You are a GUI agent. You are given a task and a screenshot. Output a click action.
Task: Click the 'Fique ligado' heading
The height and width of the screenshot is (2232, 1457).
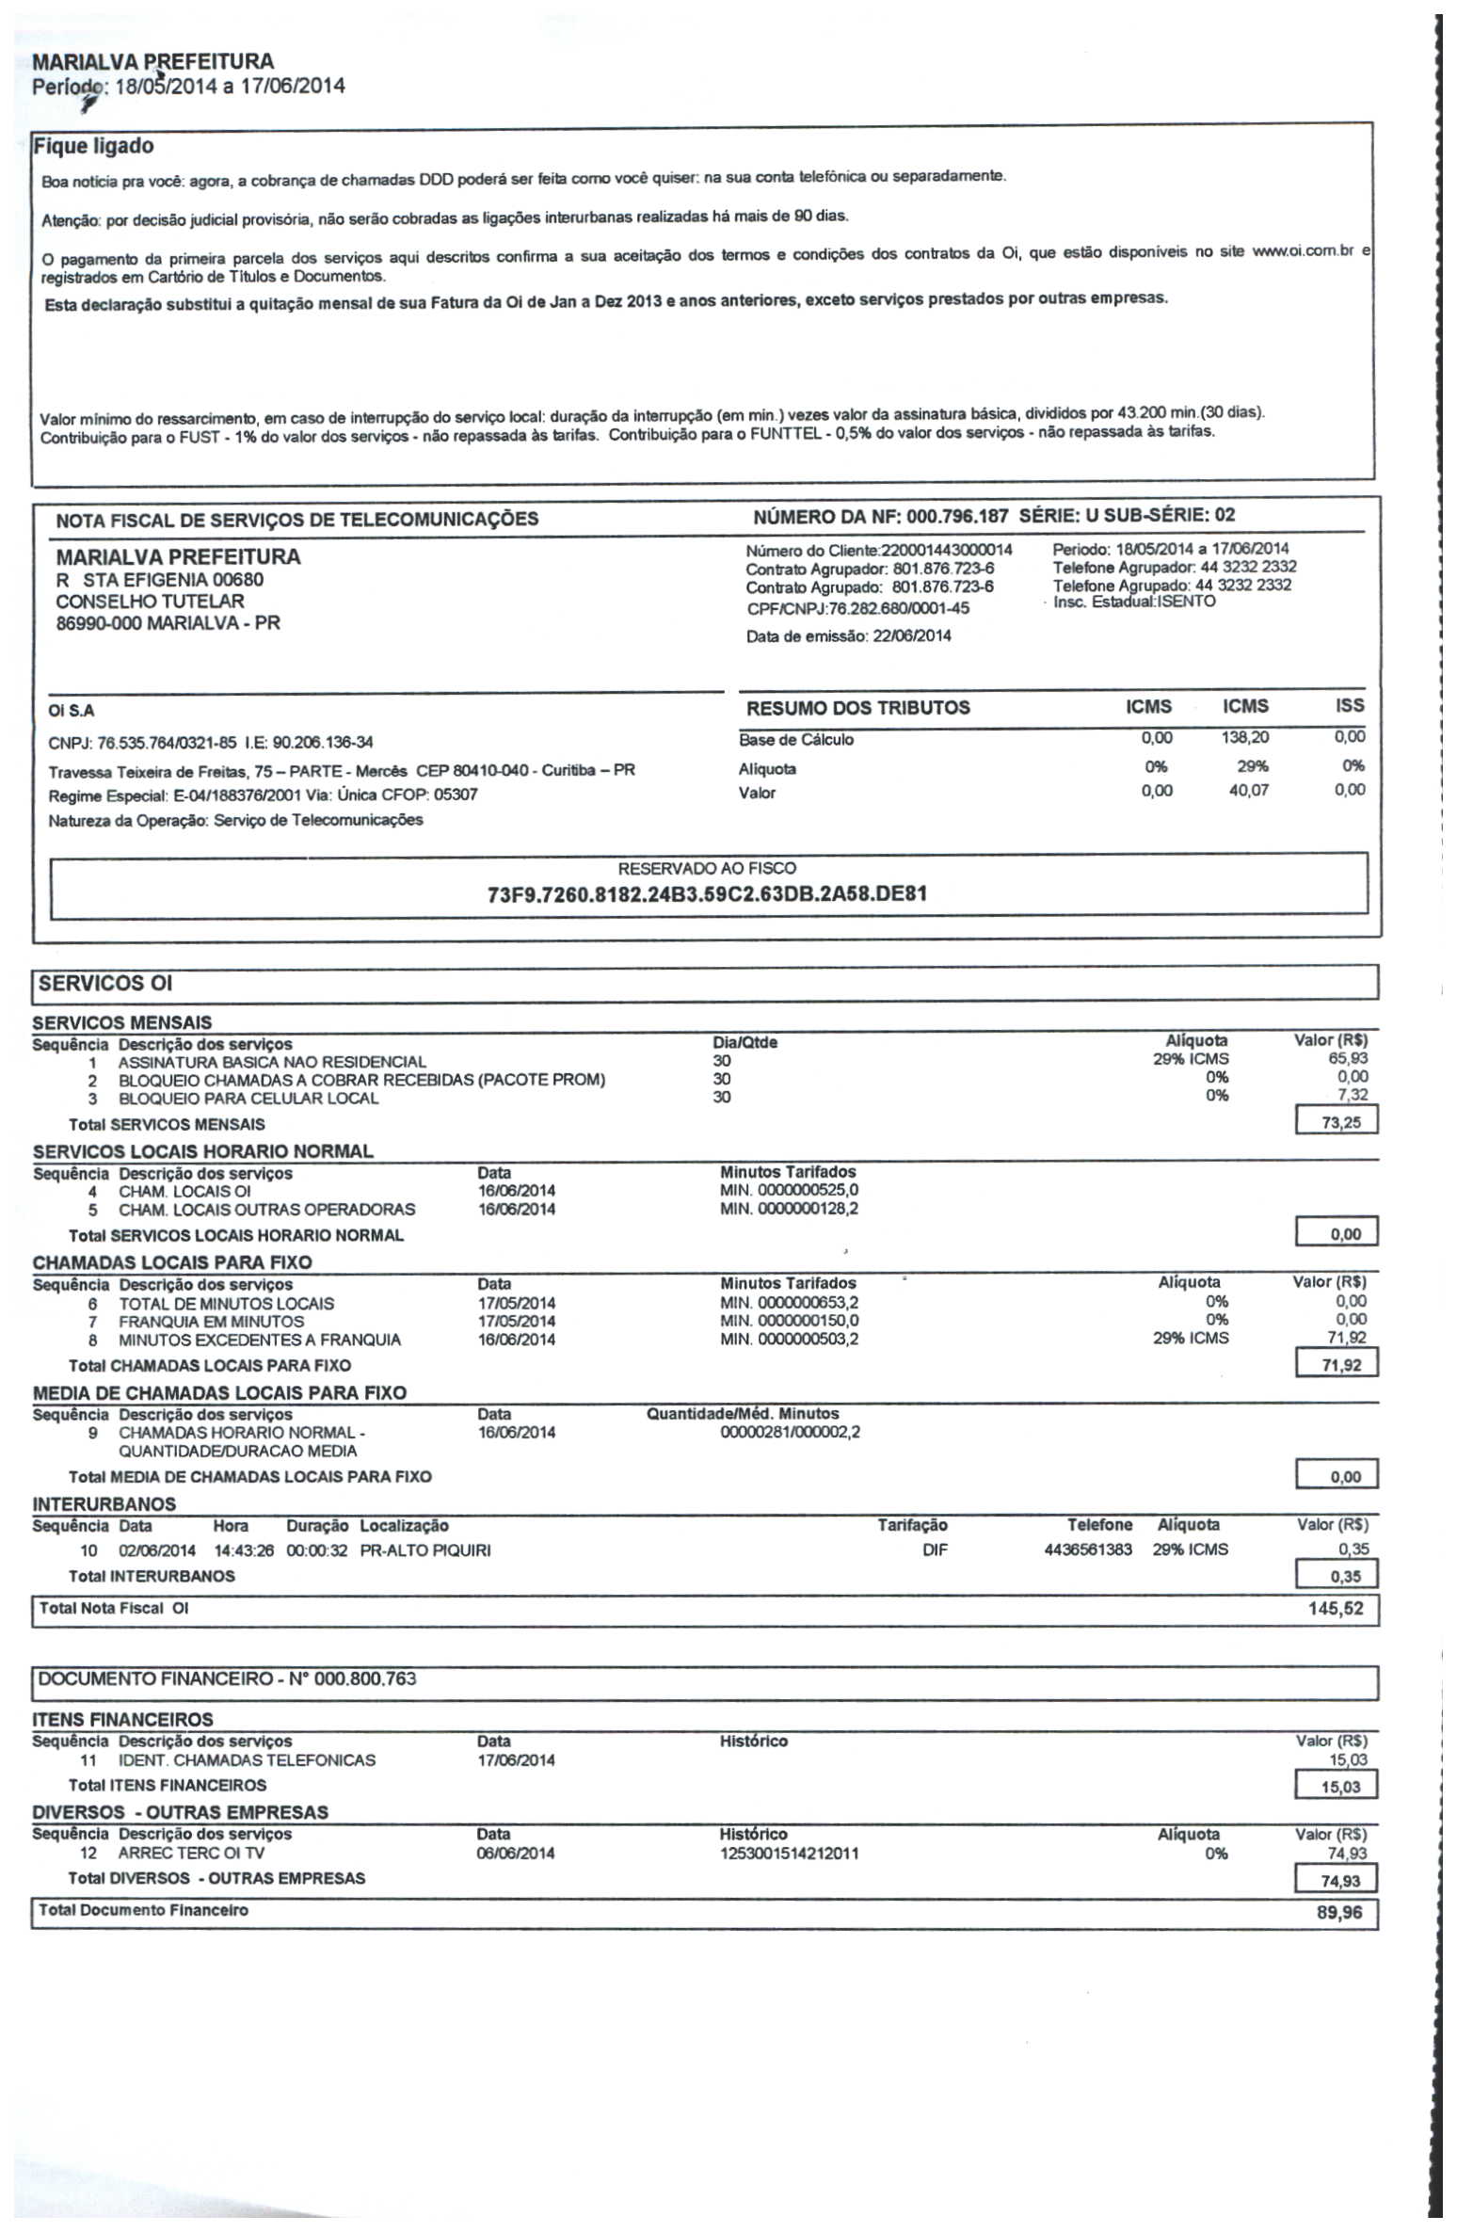(93, 147)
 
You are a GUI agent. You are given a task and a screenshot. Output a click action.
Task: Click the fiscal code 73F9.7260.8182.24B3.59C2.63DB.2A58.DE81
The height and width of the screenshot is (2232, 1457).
(707, 893)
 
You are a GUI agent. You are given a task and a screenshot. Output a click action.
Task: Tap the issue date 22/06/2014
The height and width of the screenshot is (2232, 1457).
(911, 636)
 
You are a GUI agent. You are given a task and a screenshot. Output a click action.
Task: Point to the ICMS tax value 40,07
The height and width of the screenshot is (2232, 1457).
(1248, 791)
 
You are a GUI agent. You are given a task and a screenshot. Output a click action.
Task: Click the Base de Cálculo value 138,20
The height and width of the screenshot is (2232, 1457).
(1244, 738)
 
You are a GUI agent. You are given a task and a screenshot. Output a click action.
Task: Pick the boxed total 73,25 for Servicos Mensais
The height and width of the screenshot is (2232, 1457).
(1340, 1123)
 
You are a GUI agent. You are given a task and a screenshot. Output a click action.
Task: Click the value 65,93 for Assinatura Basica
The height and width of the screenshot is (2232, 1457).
(1347, 1059)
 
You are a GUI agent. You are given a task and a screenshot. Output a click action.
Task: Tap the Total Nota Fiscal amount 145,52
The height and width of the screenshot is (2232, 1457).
(1335, 1609)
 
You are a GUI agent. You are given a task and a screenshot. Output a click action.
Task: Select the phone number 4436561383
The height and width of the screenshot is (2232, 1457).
(1087, 1550)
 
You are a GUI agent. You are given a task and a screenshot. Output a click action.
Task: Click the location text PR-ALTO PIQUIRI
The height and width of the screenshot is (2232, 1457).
(425, 1550)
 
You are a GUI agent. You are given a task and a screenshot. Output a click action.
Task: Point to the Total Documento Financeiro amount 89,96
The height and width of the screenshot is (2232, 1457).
(1338, 1913)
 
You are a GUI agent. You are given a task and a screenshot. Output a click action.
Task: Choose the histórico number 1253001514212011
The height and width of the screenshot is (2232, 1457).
(789, 1854)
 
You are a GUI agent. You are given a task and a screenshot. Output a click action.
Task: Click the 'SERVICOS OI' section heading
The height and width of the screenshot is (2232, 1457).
(105, 984)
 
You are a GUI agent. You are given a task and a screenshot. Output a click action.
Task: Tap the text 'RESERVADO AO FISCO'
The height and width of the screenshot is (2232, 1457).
(707, 868)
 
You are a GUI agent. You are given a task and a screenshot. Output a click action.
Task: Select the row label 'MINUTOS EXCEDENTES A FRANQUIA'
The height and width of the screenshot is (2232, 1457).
(260, 1340)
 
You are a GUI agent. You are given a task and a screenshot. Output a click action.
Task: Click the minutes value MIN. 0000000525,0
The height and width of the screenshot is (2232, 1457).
(789, 1191)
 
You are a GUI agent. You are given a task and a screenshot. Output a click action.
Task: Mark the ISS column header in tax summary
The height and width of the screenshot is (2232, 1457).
(1349, 706)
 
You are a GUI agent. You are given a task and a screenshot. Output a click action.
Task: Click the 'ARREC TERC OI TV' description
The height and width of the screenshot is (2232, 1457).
(191, 1854)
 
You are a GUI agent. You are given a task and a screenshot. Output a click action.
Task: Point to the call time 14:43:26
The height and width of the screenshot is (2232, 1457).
(244, 1550)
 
